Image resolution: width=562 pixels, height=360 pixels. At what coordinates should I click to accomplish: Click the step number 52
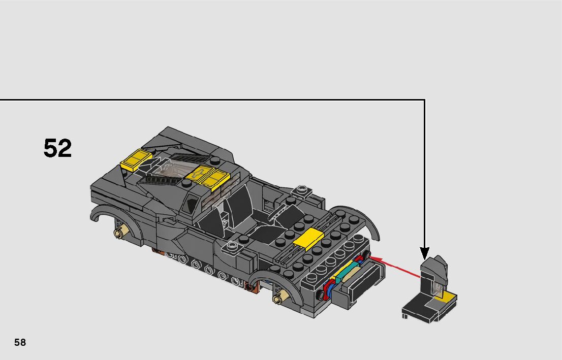point(57,148)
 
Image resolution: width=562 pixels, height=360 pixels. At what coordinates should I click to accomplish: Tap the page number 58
point(20,342)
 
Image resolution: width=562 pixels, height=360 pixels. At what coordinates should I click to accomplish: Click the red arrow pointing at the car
point(394,267)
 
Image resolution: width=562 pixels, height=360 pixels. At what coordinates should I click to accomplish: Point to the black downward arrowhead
point(425,253)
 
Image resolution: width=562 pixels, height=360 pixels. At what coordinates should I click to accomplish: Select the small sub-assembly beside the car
point(429,290)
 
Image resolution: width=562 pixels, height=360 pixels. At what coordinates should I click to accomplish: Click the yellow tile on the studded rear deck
point(308,239)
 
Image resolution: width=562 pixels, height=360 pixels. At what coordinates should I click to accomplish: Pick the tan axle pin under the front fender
point(121,233)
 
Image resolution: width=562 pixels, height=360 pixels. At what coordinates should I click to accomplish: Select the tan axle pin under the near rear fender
point(280,297)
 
